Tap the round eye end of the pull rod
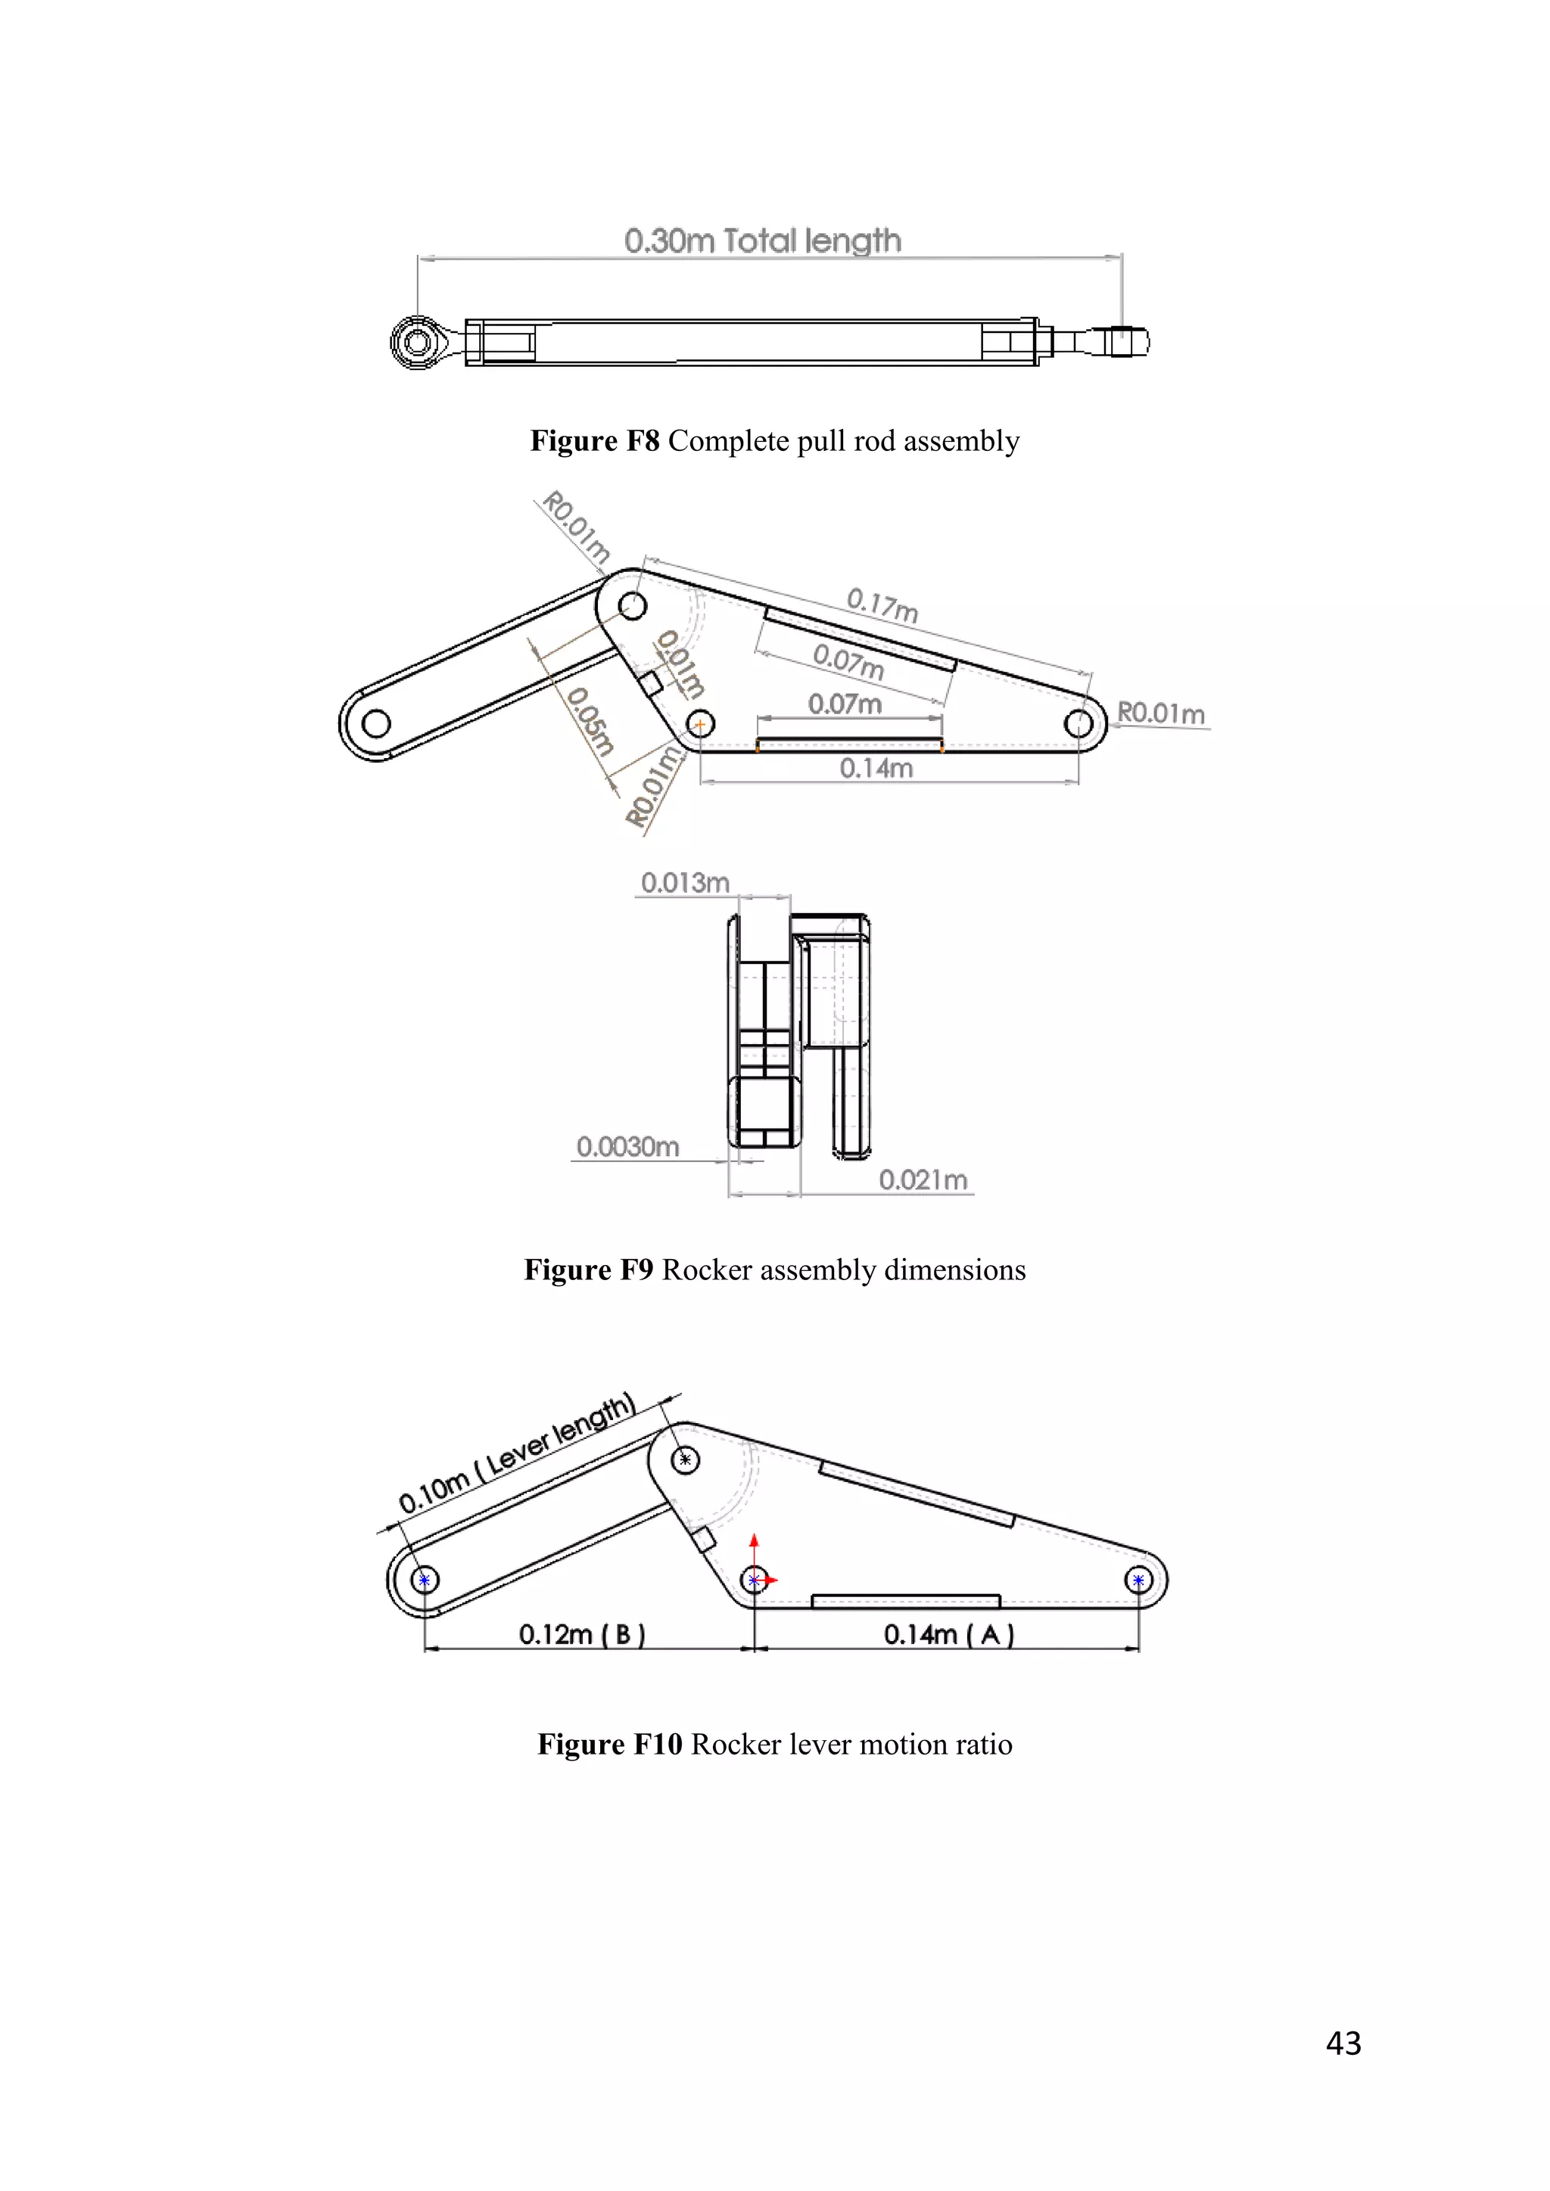click(x=417, y=342)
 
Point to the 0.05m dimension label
click(x=590, y=722)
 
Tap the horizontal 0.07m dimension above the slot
click(x=845, y=704)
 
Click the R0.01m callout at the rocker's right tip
click(x=1160, y=713)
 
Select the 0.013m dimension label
click(x=684, y=883)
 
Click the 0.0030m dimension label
click(x=627, y=1146)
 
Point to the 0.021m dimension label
click(x=923, y=1180)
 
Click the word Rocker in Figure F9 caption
click(x=706, y=1270)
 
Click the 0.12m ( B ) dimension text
click(x=582, y=1635)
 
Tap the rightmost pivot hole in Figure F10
click(x=1138, y=1580)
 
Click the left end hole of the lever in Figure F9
click(x=376, y=724)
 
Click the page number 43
click(x=1343, y=2042)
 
